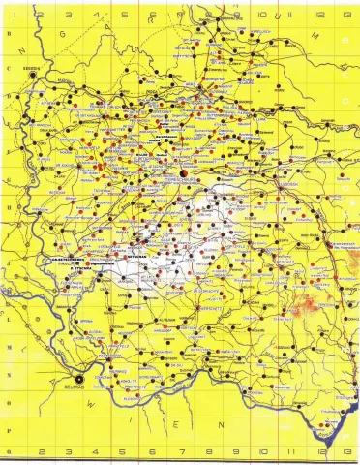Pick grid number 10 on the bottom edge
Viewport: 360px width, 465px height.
[263, 452]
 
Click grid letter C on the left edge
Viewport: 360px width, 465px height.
[8, 68]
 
